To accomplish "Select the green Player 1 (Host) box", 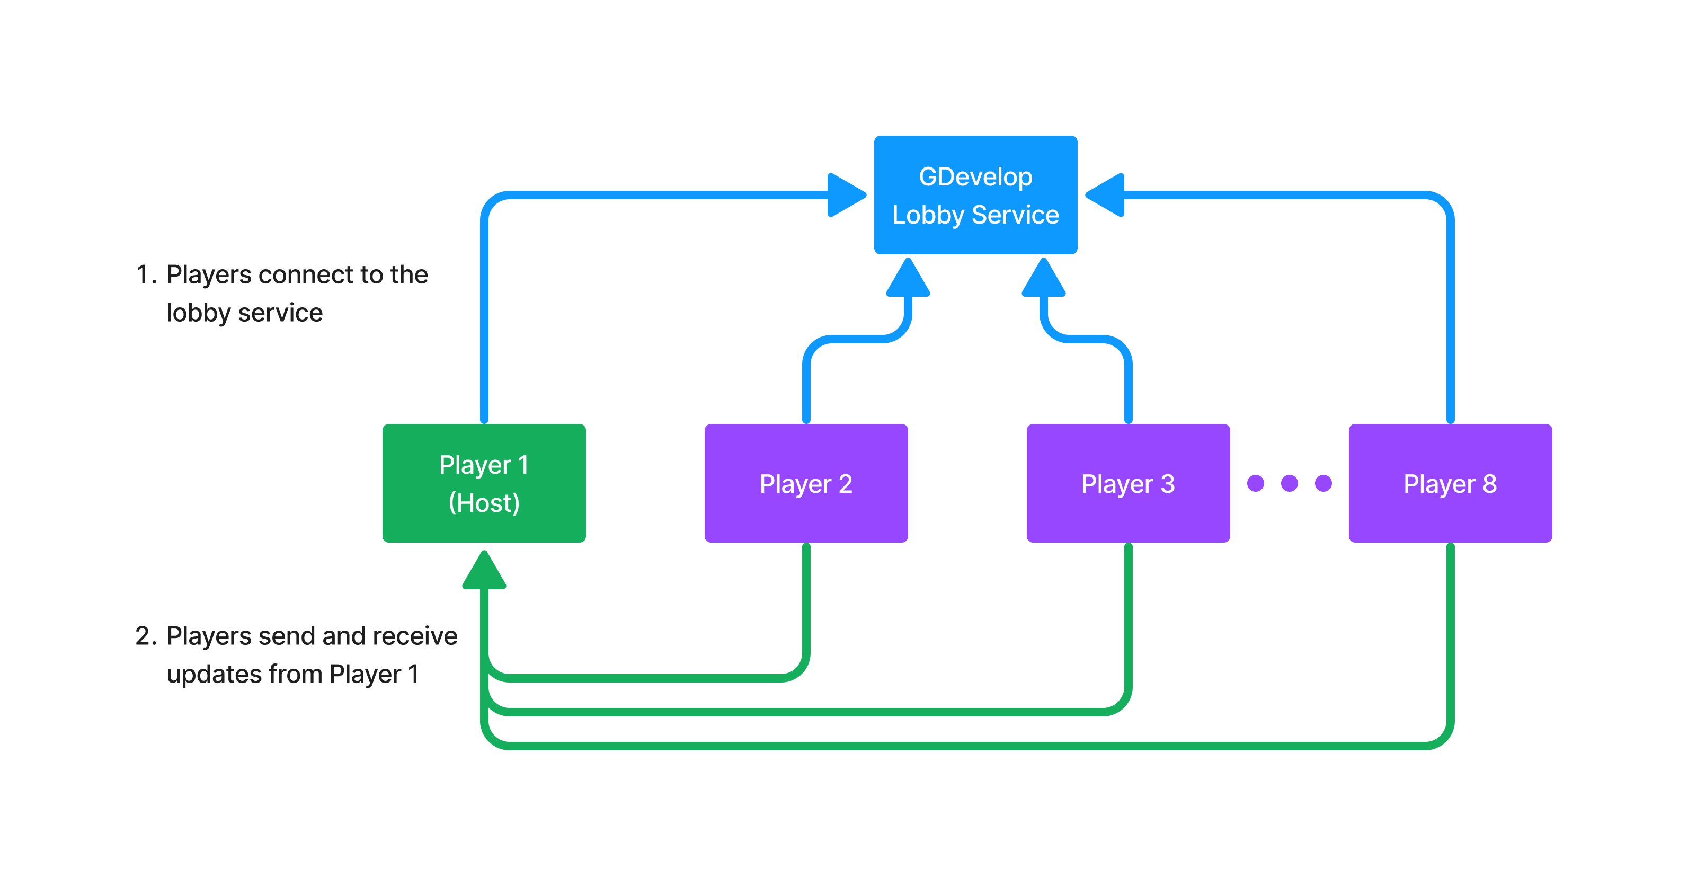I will [x=484, y=483].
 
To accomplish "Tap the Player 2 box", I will [x=805, y=483].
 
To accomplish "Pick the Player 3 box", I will [x=1128, y=483].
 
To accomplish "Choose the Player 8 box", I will [x=1450, y=483].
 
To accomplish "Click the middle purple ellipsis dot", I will [x=1289, y=483].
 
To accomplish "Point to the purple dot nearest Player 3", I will [x=1255, y=483].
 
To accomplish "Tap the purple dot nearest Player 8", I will [x=1323, y=483].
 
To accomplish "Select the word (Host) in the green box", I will [x=484, y=503].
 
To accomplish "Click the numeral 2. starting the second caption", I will [x=146, y=636].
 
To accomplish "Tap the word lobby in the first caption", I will [x=198, y=313].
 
